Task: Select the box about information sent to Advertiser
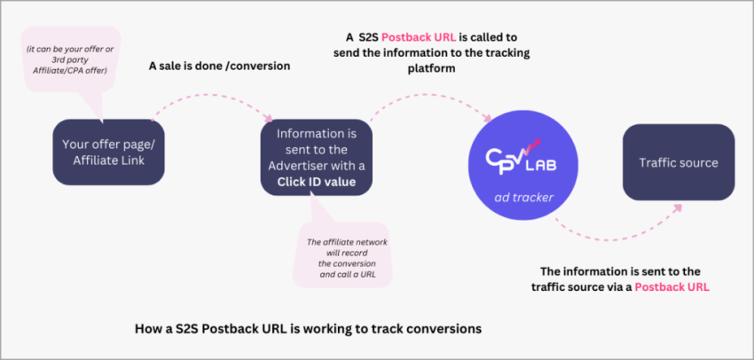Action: [x=316, y=158]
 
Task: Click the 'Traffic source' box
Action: [x=679, y=162]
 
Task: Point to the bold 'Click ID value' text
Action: [x=316, y=182]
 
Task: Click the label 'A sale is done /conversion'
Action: [x=220, y=65]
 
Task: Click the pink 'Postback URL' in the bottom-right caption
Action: [x=672, y=287]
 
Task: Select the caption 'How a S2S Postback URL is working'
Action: [x=308, y=328]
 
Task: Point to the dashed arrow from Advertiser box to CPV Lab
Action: [x=426, y=95]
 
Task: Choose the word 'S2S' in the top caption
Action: [x=372, y=37]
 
